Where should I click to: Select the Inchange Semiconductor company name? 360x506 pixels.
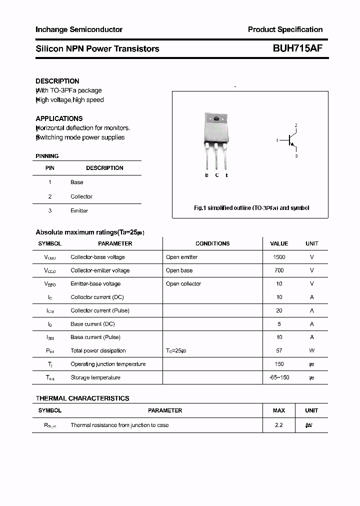pos(79,29)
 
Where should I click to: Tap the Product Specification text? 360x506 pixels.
pos(285,29)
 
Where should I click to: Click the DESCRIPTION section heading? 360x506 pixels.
pos(57,81)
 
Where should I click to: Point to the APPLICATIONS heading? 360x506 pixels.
pos(59,118)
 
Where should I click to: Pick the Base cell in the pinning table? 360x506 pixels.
pos(77,182)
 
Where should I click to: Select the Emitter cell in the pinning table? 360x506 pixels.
pos(79,211)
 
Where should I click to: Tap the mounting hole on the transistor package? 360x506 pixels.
pos(216,119)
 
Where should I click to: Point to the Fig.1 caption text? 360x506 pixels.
pos(251,208)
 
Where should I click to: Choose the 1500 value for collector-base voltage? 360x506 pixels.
pos(279,257)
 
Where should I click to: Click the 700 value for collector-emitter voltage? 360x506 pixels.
pos(279,270)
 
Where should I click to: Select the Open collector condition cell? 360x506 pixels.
pos(183,284)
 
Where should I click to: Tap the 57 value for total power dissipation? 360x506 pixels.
pos(279,351)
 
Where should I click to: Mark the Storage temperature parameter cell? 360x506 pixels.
pos(95,378)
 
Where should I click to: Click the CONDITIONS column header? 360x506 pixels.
pos(212,243)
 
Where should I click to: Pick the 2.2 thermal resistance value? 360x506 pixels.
pos(279,425)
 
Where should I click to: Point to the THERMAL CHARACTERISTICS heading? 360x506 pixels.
pos(82,398)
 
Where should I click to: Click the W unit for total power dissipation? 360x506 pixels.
pos(312,351)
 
